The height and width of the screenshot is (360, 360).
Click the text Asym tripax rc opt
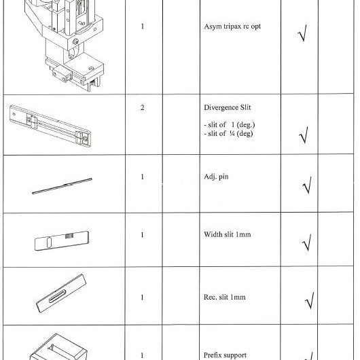(232, 26)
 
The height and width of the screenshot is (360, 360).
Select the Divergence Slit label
(228, 107)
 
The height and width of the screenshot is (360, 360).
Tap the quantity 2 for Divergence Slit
(143, 107)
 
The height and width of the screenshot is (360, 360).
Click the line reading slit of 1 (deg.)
(230, 125)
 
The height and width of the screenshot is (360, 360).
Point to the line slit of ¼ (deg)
(228, 133)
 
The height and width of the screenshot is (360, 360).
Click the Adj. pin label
(216, 177)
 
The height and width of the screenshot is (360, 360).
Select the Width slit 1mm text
(228, 234)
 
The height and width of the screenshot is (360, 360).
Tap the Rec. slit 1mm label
(225, 297)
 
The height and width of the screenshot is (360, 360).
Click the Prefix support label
(225, 355)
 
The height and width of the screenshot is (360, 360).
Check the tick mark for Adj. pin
(308, 185)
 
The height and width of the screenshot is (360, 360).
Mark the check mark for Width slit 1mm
(307, 242)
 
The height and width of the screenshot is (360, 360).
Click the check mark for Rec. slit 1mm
(310, 301)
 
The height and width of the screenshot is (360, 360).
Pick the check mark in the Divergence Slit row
(304, 135)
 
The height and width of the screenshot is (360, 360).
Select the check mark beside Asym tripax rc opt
(302, 33)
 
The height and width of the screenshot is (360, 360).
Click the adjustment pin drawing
(62, 186)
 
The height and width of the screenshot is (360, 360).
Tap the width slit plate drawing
(62, 240)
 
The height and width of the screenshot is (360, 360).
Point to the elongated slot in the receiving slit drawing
(58, 296)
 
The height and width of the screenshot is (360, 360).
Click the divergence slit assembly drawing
(50, 126)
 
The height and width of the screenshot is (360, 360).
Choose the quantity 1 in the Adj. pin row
(143, 177)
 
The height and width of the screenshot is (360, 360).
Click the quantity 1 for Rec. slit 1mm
(143, 298)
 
